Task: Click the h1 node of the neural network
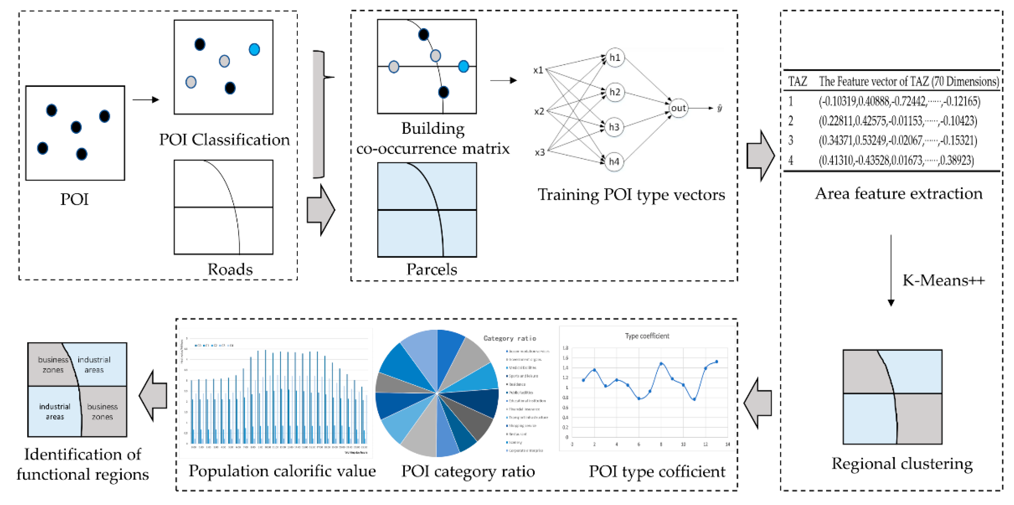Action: click(615, 58)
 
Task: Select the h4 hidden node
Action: click(614, 161)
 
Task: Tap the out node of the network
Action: click(678, 108)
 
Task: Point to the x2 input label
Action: click(539, 111)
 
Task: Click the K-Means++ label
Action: click(943, 280)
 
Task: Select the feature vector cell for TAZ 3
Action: click(897, 141)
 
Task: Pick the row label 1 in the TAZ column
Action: click(791, 102)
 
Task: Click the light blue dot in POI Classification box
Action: click(254, 50)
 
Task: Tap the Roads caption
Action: click(230, 269)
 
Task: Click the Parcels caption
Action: click(431, 269)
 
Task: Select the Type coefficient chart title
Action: click(647, 336)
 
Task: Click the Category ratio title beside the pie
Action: click(509, 338)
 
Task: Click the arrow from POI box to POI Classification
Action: click(146, 99)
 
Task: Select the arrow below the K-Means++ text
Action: click(891, 272)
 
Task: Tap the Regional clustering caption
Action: click(902, 463)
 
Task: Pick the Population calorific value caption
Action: click(282, 471)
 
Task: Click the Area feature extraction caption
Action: click(899, 194)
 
